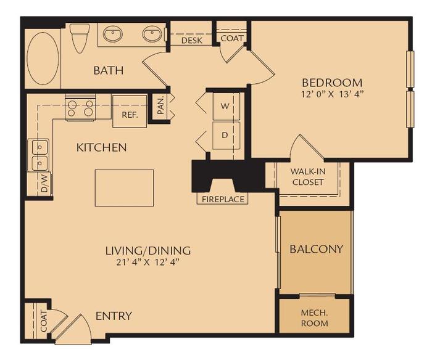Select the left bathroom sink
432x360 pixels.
tap(112, 35)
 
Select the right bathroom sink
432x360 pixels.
tap(152, 35)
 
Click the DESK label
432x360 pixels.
tap(192, 41)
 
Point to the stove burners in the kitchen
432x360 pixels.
tap(81, 108)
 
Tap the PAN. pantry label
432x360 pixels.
tap(160, 107)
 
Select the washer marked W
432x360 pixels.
tap(225, 105)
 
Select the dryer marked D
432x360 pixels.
tap(225, 134)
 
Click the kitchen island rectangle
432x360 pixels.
tap(123, 188)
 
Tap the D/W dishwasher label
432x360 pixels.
tap(44, 184)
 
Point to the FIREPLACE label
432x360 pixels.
tap(223, 199)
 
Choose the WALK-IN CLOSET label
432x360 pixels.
tap(307, 177)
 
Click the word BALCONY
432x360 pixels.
tap(316, 249)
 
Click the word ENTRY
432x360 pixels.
tap(114, 316)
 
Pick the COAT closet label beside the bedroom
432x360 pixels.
tap(232, 38)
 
